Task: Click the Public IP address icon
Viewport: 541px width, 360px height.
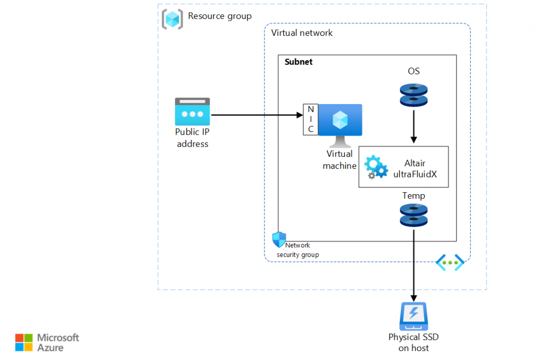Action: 192,111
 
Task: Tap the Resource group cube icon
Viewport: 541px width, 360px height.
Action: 172,18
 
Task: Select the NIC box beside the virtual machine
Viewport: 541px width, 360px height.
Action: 311,119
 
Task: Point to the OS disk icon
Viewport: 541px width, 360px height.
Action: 414,95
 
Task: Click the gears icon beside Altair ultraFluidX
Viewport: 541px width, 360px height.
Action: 376,167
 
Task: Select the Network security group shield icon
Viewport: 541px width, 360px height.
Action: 278,239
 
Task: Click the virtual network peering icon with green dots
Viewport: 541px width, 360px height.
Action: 450,262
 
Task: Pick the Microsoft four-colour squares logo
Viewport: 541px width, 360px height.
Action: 24,342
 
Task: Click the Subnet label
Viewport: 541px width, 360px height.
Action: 299,62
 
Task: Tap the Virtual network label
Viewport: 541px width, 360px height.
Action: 302,33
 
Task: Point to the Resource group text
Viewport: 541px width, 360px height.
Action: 220,16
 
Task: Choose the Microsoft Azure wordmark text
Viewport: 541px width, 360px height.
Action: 58,343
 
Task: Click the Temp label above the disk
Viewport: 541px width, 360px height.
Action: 414,196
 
